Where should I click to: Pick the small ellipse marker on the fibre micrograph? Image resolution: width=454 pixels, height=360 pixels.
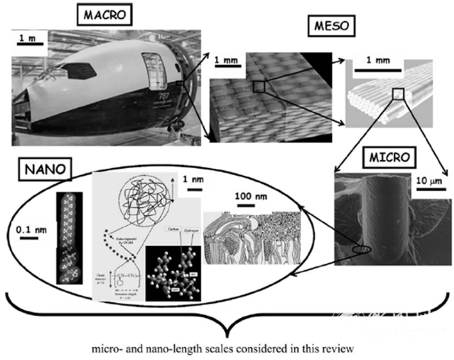362,249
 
